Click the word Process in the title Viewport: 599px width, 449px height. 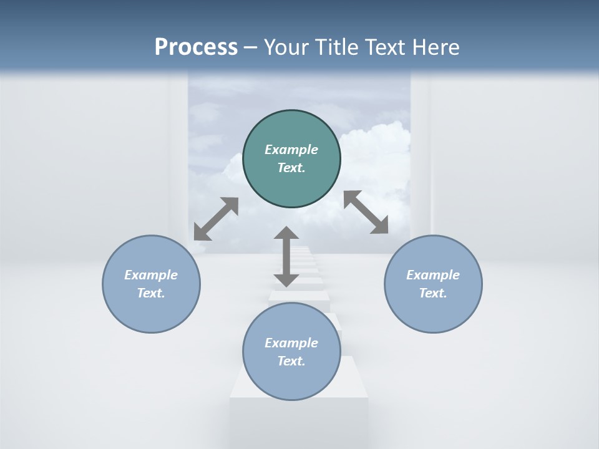(196, 47)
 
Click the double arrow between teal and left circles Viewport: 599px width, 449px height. (216, 219)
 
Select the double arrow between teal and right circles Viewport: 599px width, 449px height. (366, 213)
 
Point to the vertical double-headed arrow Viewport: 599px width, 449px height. (286, 257)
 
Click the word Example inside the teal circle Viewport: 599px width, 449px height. (291, 150)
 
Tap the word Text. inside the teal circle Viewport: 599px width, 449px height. (291, 168)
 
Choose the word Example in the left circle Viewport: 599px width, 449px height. (151, 275)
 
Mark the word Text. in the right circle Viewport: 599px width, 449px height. (433, 293)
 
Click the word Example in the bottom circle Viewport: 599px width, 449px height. (291, 343)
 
